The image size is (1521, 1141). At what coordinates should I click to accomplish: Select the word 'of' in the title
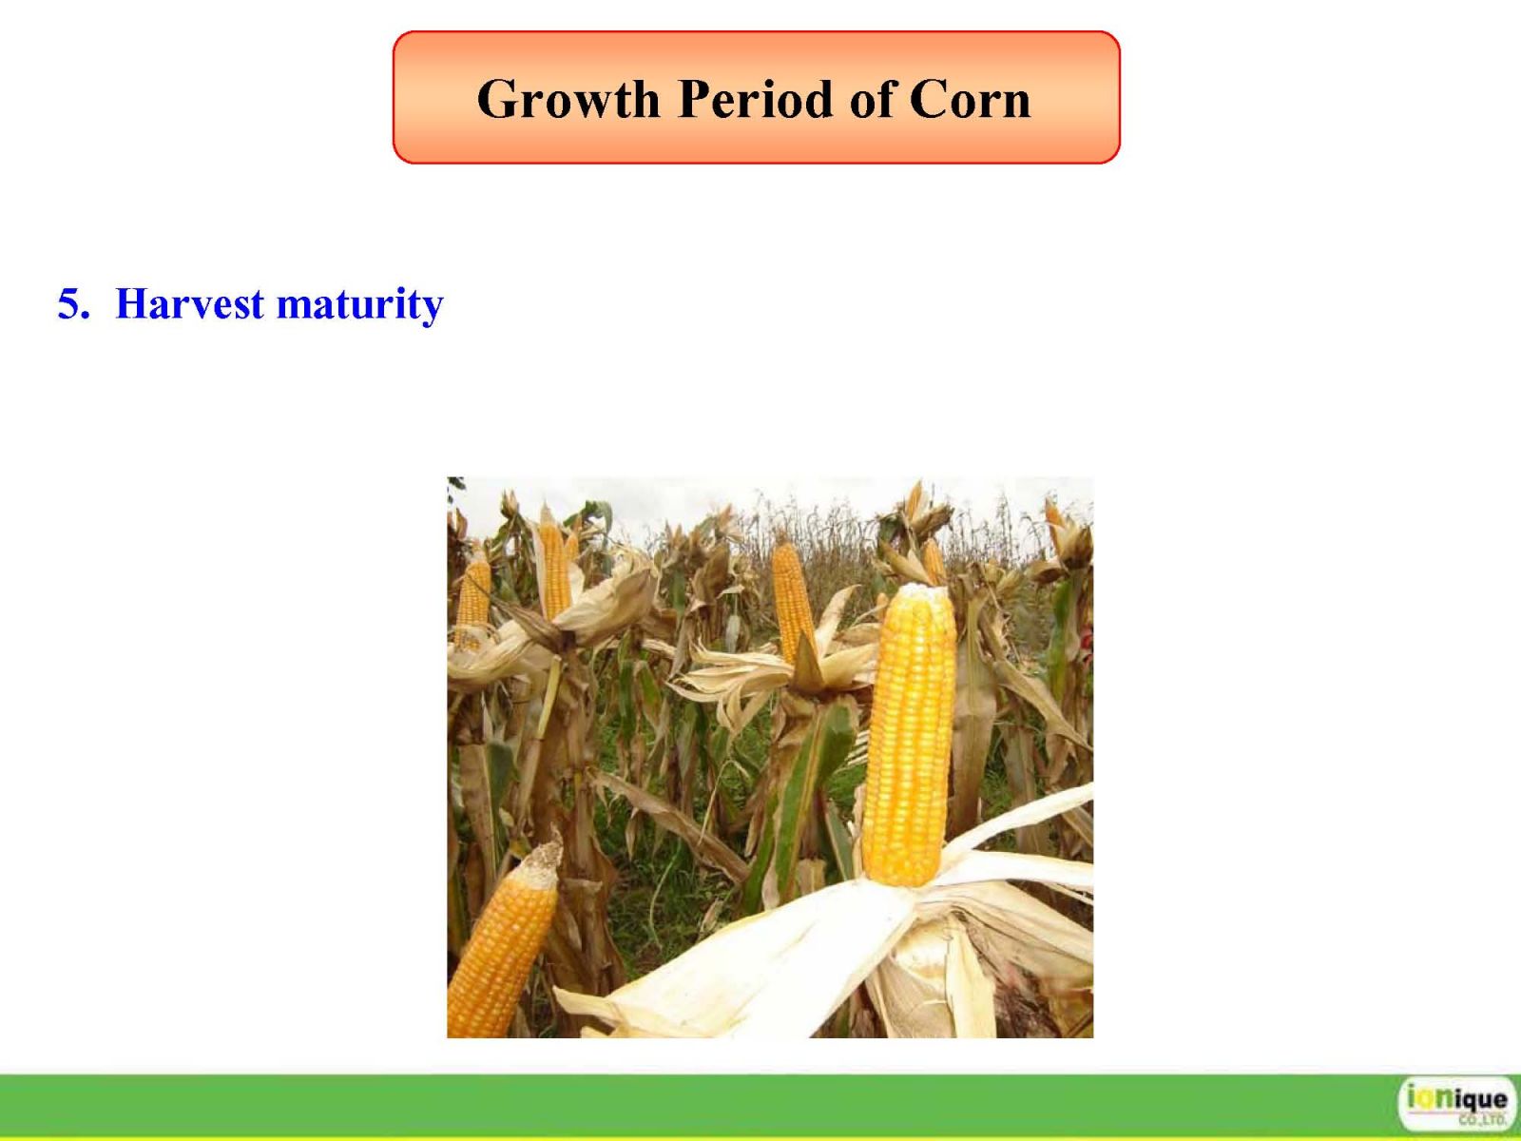click(x=870, y=98)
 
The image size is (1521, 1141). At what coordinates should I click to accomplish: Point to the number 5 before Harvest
click(x=72, y=303)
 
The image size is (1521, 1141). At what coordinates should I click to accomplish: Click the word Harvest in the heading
click(x=190, y=303)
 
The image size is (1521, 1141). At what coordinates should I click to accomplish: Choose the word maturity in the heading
click(x=359, y=306)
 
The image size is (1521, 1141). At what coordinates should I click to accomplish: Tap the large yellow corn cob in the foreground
click(x=908, y=734)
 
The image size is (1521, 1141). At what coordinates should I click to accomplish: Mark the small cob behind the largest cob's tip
click(x=934, y=561)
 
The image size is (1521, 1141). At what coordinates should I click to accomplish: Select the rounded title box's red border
click(x=757, y=32)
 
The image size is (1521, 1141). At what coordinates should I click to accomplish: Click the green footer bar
click(x=693, y=1107)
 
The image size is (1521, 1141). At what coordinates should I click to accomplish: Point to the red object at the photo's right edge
click(x=1088, y=641)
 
